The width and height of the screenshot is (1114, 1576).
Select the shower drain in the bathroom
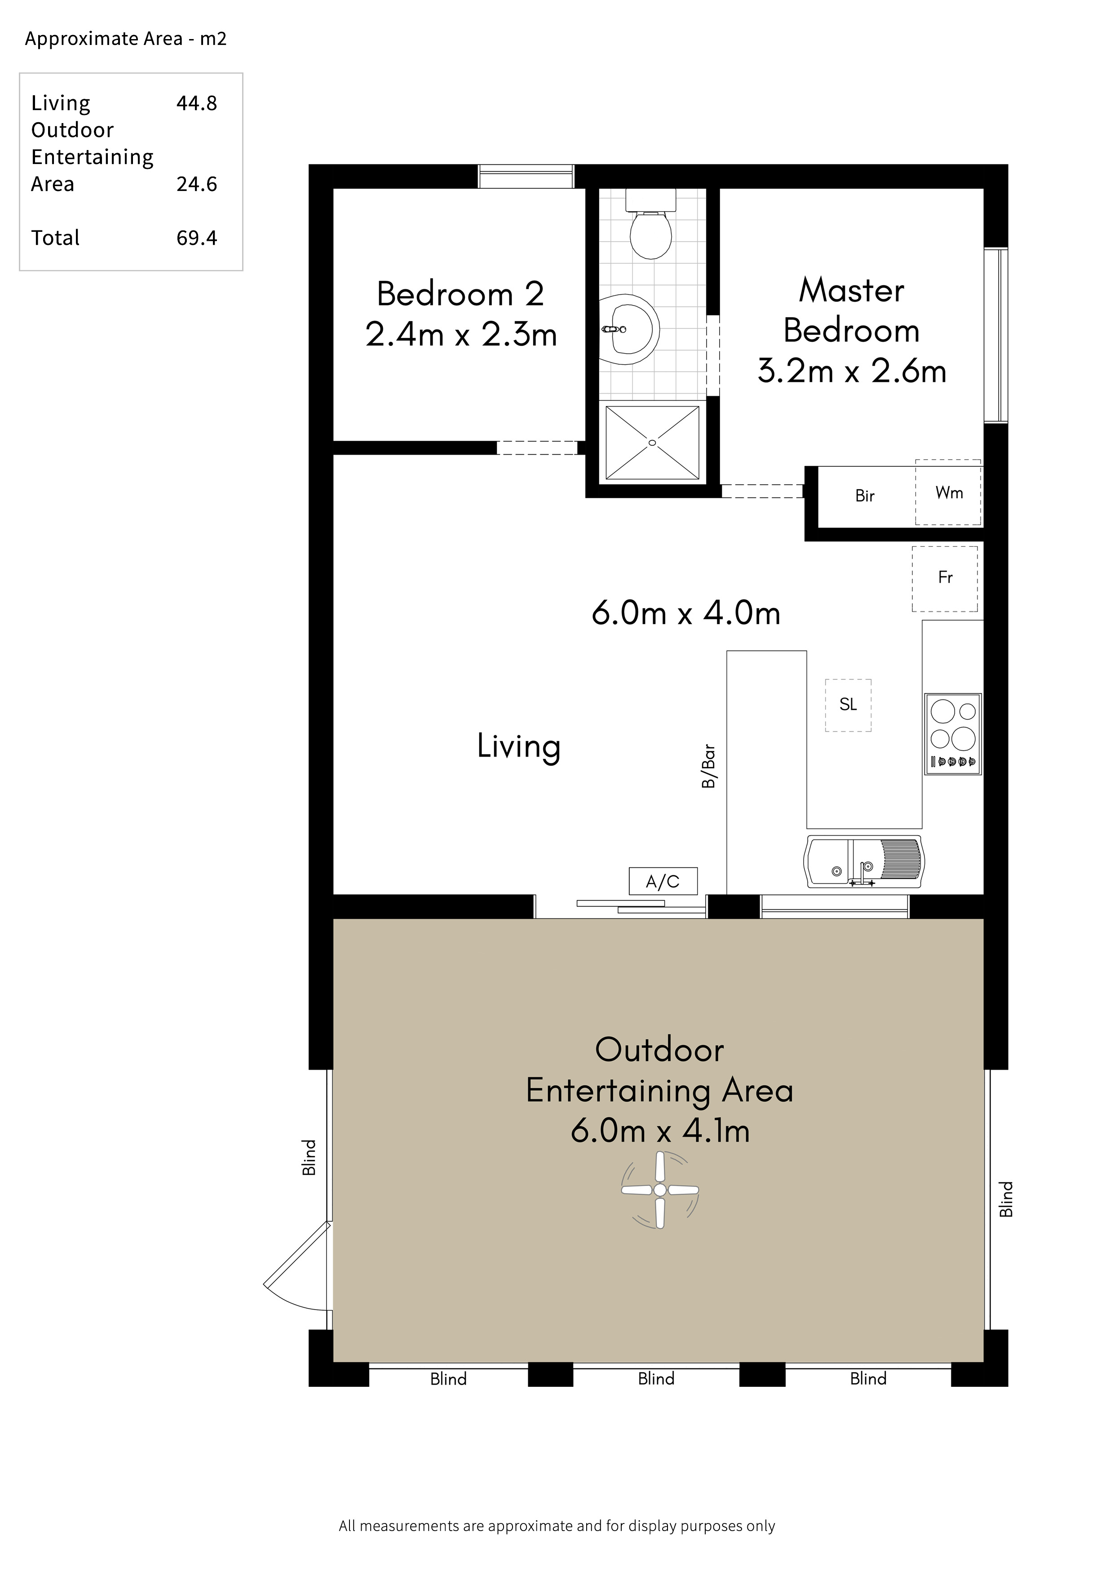[652, 443]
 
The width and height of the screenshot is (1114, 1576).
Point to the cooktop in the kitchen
[953, 734]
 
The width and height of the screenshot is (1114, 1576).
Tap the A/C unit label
[663, 881]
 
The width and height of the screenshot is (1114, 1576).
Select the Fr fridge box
[945, 579]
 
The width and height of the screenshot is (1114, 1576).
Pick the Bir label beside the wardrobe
[865, 496]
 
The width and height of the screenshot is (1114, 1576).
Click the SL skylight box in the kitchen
[849, 705]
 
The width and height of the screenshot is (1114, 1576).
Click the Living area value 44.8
[197, 103]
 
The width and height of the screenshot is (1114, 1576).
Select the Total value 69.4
[197, 238]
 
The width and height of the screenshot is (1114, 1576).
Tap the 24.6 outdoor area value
[197, 184]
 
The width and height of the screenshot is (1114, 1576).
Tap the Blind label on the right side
[1006, 1199]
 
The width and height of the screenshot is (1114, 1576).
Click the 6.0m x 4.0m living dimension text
[686, 613]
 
